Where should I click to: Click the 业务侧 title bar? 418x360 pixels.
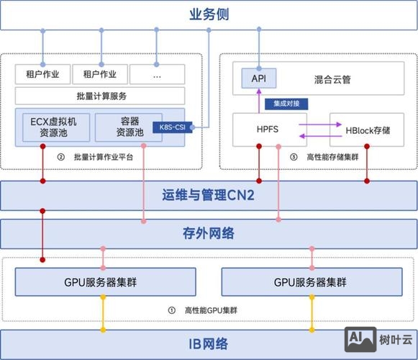click(209, 14)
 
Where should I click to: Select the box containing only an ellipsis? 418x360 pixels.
click(156, 73)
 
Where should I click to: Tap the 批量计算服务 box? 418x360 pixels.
click(99, 95)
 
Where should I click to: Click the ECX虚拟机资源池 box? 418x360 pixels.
click(54, 127)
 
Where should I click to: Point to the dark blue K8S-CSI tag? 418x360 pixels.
click(171, 130)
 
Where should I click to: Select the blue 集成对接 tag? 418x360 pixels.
click(280, 104)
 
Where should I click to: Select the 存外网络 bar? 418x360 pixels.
click(209, 233)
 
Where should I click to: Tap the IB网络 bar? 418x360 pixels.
click(209, 343)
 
